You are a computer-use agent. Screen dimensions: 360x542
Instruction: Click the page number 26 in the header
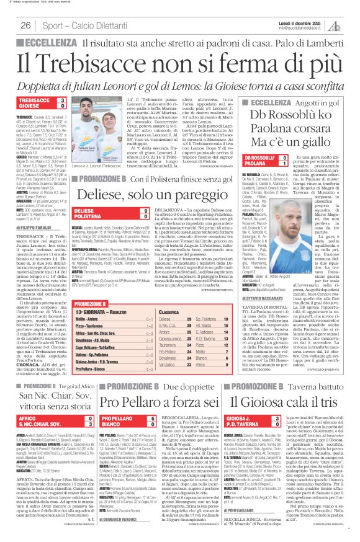pyautogui.click(x=26, y=25)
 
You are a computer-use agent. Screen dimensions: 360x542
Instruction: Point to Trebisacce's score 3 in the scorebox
pyautogui.click(x=62, y=100)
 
